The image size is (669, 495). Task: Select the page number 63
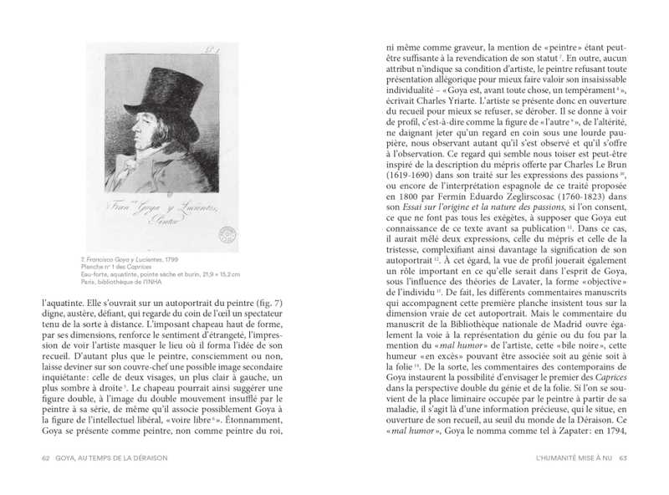(622, 457)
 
